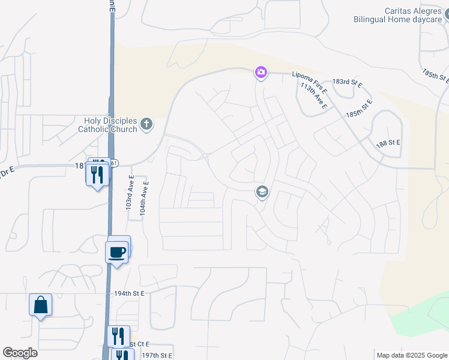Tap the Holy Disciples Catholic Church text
(107, 125)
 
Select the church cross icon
(146, 125)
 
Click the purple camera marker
(261, 73)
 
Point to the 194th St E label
(129, 293)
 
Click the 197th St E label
(157, 356)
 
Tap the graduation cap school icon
(262, 193)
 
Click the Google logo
(20, 352)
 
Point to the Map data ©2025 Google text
(412, 355)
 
